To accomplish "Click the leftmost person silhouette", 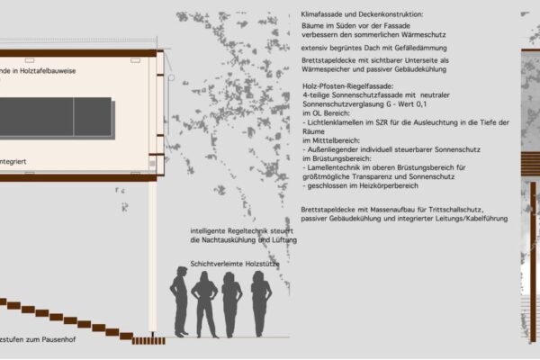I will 179,301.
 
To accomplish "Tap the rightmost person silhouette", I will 261,301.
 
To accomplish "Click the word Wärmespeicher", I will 328,67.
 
